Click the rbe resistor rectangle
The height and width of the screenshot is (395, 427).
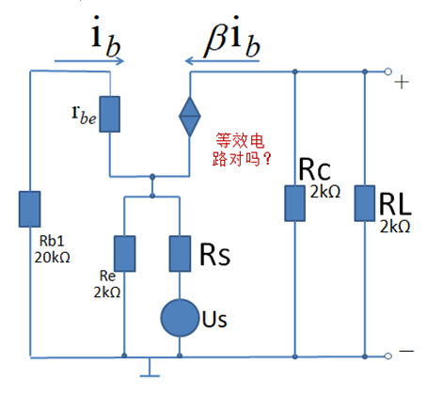(110, 114)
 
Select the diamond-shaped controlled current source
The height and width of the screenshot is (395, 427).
(190, 117)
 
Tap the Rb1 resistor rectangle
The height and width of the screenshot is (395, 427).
(30, 209)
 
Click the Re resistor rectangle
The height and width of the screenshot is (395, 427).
(125, 254)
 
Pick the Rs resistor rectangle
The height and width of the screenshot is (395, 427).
(180, 254)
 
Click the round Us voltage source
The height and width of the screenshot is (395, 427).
(180, 318)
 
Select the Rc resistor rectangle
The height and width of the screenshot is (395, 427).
(294, 203)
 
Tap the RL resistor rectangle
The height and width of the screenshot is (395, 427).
(365, 203)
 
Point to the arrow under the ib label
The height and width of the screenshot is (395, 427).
(89, 61)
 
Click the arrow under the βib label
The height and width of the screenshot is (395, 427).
(222, 61)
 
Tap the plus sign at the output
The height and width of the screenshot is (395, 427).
(402, 83)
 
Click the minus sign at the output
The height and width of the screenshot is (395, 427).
(406, 351)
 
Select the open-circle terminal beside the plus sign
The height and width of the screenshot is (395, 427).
(388, 71)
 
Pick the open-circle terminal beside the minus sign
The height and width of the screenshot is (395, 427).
(388, 356)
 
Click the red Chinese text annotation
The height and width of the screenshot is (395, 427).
(241, 150)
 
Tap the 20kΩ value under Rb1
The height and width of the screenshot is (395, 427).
(52, 258)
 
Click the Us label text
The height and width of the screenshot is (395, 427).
(214, 320)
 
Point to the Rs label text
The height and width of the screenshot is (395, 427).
(215, 254)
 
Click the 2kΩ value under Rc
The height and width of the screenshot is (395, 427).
(325, 192)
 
